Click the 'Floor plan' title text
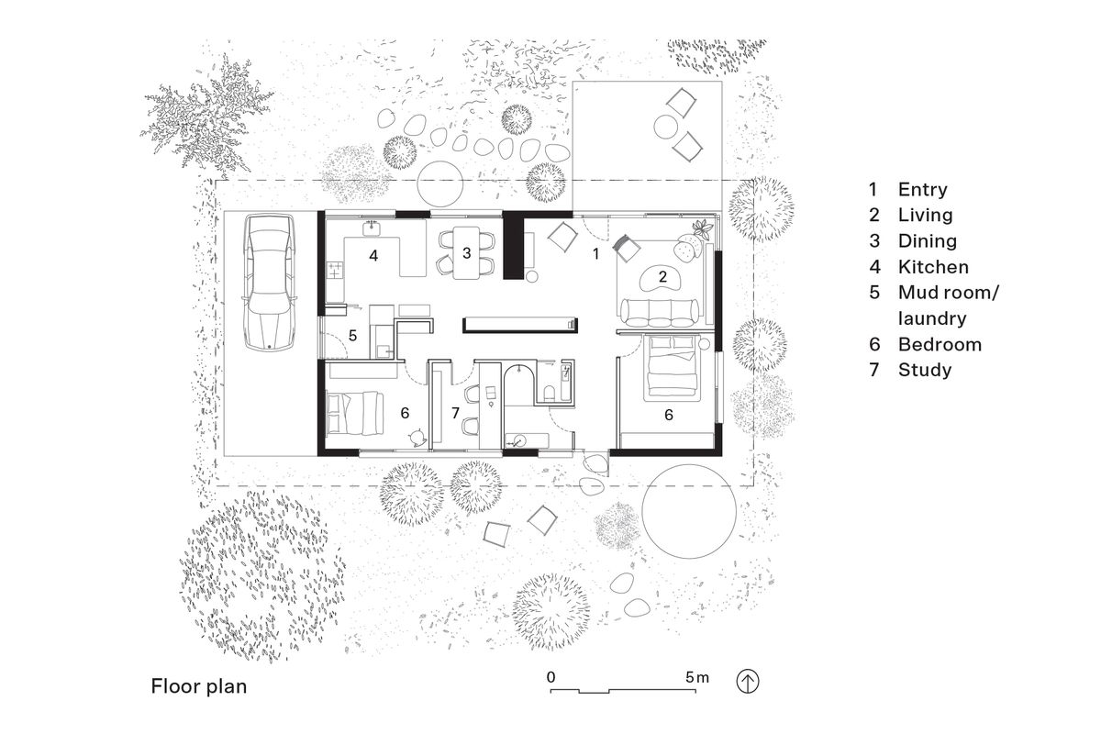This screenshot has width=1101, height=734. (x=199, y=686)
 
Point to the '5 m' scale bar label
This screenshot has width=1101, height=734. (x=696, y=677)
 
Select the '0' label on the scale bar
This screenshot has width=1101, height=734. (x=551, y=677)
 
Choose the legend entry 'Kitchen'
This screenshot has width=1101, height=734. (x=933, y=267)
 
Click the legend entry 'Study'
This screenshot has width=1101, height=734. (x=925, y=370)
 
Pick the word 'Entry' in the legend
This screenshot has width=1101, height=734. (x=922, y=190)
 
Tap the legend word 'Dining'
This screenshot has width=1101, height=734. (x=927, y=241)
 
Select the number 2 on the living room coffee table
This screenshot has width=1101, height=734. (x=662, y=275)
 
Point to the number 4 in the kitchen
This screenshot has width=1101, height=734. (x=373, y=255)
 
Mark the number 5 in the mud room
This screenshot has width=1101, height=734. (x=351, y=336)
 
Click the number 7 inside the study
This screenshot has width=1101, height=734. (x=455, y=413)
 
